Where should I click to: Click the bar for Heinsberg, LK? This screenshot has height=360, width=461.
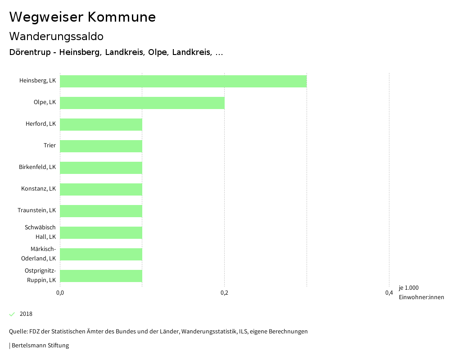pos(183,81)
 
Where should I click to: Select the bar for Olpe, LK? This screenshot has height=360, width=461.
pos(142,103)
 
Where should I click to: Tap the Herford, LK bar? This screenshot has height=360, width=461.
pos(101,124)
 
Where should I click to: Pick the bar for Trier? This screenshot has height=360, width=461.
pos(101,146)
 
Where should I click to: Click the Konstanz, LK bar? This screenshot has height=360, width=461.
pos(101,189)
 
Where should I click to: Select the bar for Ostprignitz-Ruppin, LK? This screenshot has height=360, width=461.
pos(101,276)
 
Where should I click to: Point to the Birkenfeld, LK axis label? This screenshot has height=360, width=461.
pos(37,167)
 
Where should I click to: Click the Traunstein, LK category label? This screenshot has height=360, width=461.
pos(37,210)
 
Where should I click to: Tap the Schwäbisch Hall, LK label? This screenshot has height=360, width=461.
pos(40,232)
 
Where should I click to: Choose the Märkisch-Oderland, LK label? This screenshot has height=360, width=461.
pos(39,254)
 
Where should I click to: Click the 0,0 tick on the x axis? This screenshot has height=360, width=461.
pos(60,293)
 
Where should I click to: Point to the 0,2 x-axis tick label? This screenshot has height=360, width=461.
pos(224,293)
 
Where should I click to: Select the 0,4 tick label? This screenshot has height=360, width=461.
pos(389,293)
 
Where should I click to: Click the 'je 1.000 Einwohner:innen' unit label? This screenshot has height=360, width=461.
pos(421,292)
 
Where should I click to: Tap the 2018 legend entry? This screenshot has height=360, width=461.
pos(26,314)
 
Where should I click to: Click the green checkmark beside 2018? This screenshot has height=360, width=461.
pos(12,314)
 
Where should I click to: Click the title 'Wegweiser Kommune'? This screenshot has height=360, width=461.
pos(82,17)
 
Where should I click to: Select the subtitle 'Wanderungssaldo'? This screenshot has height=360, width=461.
pos(56,36)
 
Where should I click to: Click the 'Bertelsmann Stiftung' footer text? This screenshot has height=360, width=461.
pos(40,346)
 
